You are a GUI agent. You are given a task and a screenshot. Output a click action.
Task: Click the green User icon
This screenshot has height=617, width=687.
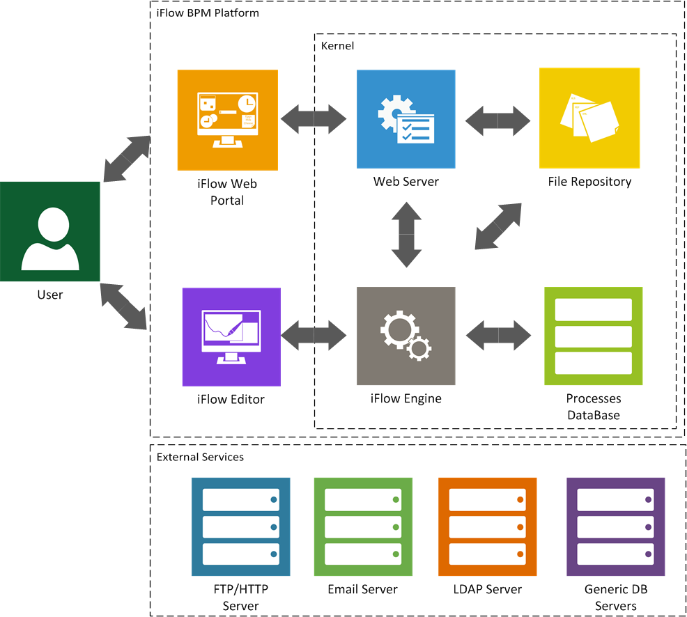[49, 232]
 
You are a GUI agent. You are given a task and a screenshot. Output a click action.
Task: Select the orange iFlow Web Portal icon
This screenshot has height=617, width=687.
[227, 120]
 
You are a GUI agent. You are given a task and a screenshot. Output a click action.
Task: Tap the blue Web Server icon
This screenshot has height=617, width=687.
[406, 119]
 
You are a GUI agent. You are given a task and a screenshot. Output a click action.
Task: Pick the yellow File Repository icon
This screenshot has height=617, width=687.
[589, 118]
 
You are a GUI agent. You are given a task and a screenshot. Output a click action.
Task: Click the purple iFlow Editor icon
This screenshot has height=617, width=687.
[231, 337]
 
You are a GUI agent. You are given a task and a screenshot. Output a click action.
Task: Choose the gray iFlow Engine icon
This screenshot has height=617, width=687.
[406, 336]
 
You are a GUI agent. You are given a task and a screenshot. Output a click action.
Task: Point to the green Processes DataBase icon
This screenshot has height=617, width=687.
[593, 336]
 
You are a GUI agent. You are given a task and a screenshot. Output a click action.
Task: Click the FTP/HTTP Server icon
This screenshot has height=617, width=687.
[240, 526]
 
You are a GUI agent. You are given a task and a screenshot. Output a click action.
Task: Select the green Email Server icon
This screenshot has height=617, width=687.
[362, 526]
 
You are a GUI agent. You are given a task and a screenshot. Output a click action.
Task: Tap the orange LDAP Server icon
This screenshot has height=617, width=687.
[487, 526]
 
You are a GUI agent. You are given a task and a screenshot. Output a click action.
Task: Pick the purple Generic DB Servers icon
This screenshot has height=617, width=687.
[616, 526]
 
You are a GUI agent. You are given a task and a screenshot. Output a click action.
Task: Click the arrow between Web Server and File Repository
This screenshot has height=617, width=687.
[497, 120]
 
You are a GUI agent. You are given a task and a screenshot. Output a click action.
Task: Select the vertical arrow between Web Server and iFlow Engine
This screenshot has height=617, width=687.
[406, 234]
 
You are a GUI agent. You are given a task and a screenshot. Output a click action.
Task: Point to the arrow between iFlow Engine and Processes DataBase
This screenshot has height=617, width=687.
[498, 336]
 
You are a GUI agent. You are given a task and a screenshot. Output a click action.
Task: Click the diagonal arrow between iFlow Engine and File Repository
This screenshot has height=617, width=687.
[498, 226]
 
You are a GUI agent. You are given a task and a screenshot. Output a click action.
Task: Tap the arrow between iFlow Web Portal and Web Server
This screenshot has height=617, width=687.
[314, 119]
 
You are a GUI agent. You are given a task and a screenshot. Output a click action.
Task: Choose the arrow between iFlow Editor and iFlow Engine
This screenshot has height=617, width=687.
[314, 336]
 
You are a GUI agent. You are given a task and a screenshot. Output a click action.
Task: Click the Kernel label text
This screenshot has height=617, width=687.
[337, 46]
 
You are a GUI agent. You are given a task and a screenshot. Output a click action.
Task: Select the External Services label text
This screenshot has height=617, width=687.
[200, 458]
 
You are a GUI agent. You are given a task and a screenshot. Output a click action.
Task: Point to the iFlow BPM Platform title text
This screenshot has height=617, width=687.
[207, 13]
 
